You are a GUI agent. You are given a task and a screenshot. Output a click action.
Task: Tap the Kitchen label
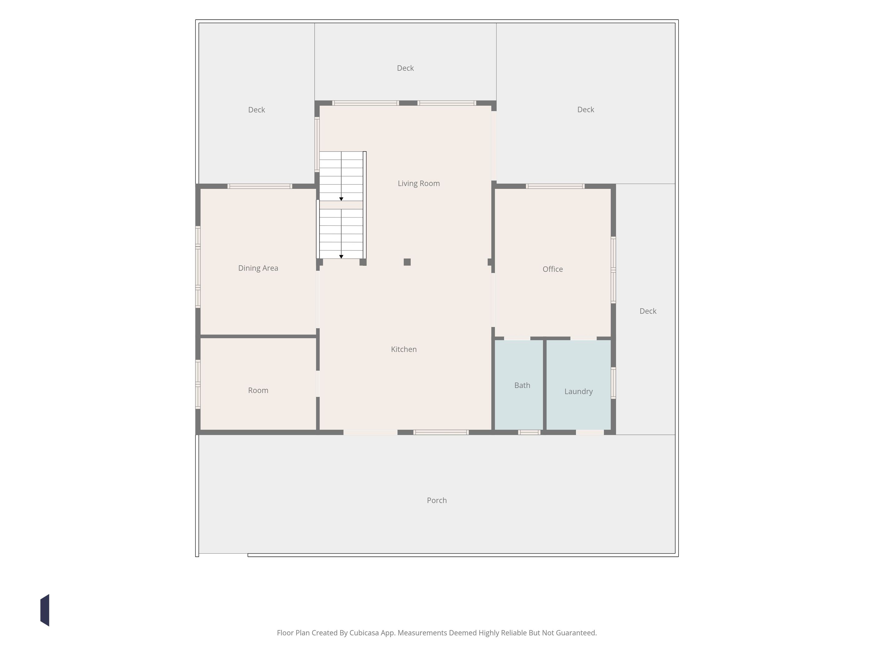403,349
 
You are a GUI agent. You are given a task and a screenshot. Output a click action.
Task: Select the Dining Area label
258,268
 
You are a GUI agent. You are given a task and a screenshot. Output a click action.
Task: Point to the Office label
552,269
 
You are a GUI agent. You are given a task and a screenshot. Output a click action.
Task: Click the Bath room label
522,385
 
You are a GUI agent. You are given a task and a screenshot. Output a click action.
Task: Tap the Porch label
437,501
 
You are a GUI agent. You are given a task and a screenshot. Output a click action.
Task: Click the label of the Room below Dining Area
258,391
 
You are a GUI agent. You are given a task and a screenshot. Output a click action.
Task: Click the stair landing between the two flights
341,205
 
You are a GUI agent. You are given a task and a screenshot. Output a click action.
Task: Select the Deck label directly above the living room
405,68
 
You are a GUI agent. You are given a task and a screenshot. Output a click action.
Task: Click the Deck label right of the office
648,311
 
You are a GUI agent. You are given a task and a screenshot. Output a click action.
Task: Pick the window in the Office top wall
555,186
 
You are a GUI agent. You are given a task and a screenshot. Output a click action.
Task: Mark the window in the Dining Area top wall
260,186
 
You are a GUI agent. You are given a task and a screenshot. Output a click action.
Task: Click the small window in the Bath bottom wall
529,432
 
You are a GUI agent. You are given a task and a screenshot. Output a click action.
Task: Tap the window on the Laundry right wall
613,383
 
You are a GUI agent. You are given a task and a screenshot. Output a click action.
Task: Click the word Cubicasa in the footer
364,633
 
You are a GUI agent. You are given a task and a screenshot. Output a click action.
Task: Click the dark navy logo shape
45,610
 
